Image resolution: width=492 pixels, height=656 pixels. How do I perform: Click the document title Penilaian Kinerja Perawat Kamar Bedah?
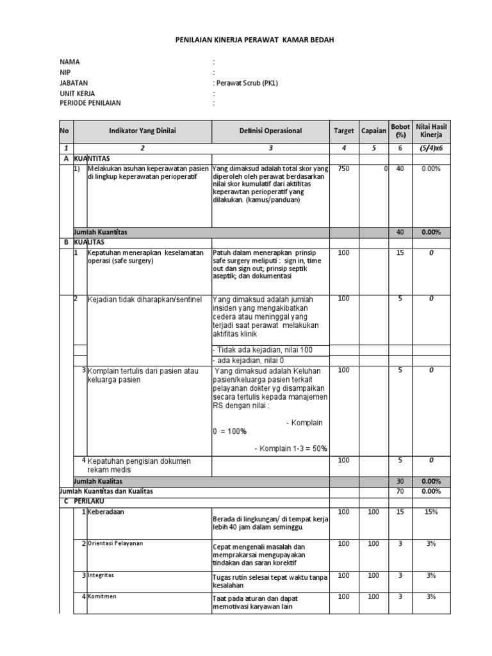coord(254,40)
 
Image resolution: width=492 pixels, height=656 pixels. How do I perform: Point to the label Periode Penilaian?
coord(90,102)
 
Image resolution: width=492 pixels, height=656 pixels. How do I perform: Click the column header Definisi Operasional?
coord(270,131)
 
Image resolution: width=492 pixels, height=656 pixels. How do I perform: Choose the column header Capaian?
coord(373,131)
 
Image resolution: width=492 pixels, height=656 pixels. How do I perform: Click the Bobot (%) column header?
coord(400,131)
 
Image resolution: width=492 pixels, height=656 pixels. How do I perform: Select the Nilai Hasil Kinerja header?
coord(431,131)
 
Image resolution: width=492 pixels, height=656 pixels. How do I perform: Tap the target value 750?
coord(343,168)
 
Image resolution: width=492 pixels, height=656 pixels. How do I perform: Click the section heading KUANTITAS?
coord(92,158)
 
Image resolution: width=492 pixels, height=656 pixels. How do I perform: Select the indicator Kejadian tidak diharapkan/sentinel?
coord(144,299)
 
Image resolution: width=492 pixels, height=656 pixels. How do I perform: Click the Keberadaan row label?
coord(106,512)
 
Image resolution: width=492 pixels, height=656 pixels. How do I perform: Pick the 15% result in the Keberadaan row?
coord(431,512)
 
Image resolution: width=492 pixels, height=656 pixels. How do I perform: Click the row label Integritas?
coord(102,575)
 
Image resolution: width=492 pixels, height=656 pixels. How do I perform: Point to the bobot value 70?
coord(400,491)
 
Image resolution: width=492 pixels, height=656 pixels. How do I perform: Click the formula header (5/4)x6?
coord(431,148)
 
